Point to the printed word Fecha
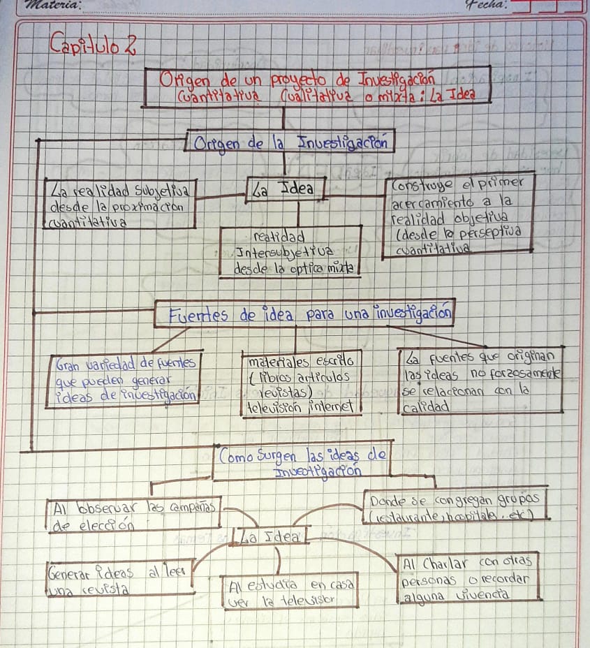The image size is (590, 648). (488, 5)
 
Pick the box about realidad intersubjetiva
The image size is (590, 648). (290, 251)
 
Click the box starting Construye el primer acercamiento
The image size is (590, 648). (459, 216)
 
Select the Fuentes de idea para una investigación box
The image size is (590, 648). (304, 314)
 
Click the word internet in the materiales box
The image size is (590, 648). (334, 406)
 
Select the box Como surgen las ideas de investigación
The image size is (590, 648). (302, 461)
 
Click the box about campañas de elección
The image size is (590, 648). (133, 515)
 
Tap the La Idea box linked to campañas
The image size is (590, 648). (269, 538)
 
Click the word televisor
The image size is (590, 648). (309, 599)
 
